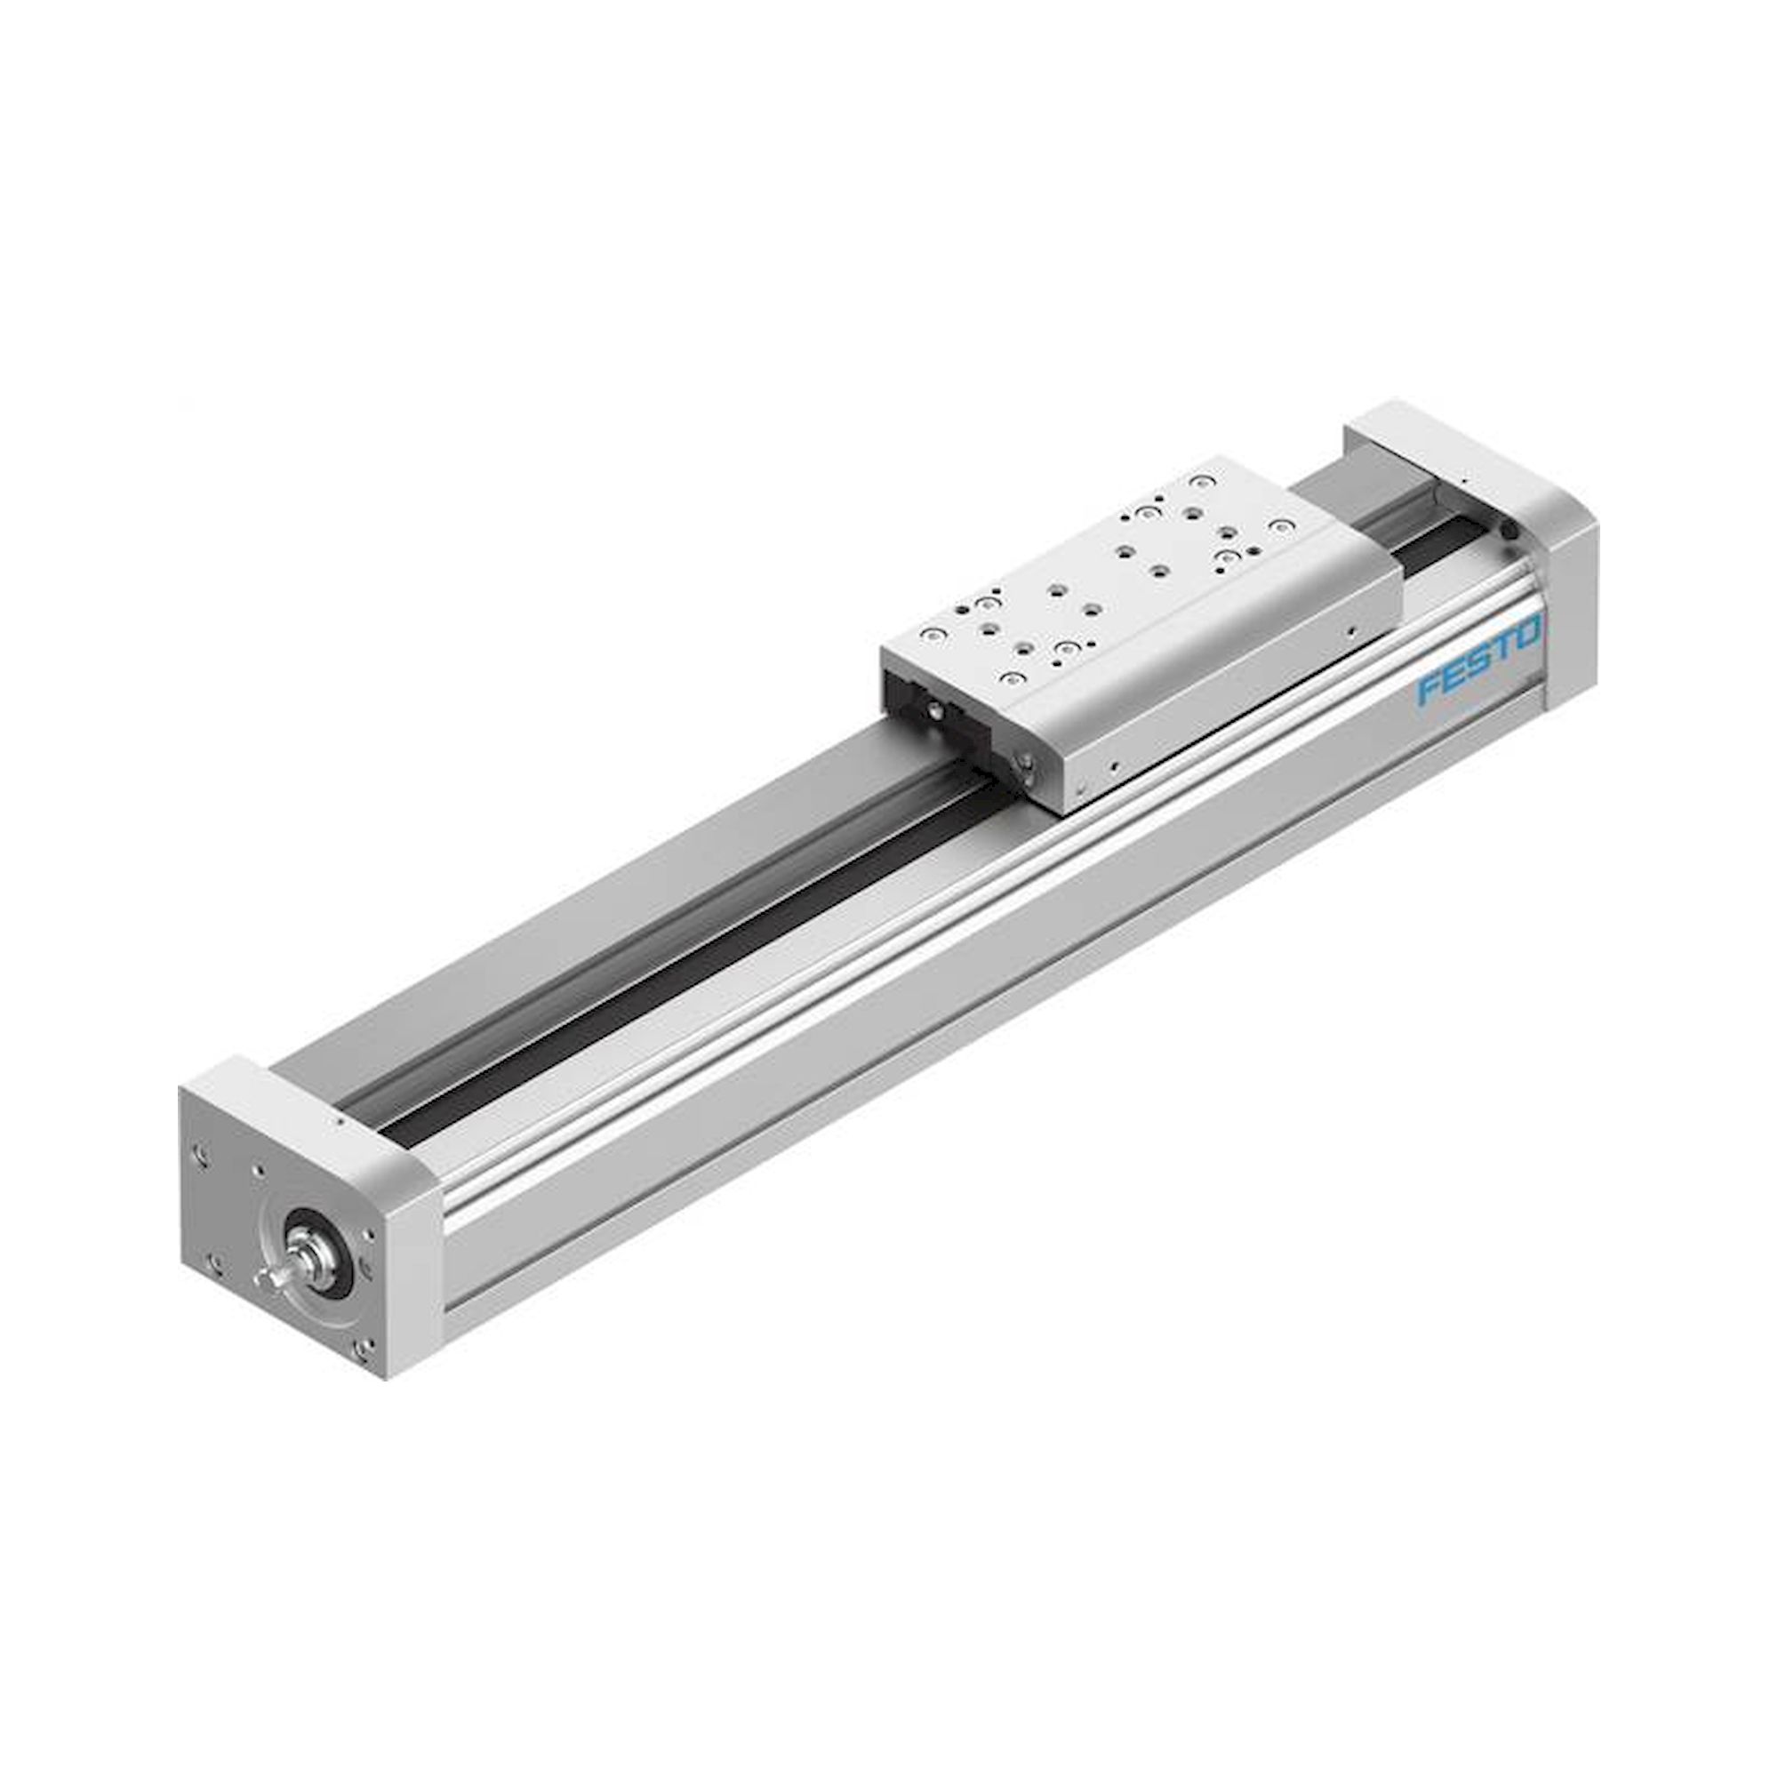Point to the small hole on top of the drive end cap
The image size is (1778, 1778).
click(x=340, y=1122)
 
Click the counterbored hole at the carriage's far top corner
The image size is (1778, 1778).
click(x=1198, y=480)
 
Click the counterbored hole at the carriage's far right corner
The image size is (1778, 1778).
click(x=1279, y=526)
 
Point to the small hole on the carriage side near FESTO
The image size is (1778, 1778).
click(x=1350, y=631)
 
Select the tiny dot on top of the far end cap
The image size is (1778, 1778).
click(x=1461, y=479)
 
